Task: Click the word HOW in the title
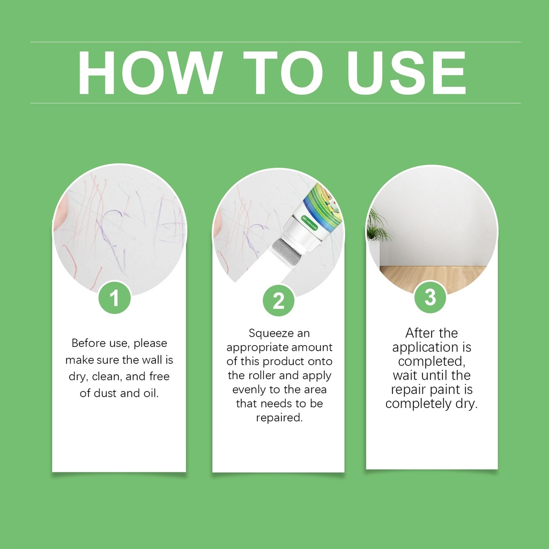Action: [x=150, y=73]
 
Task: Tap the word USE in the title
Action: [x=406, y=73]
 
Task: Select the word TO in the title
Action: [x=283, y=73]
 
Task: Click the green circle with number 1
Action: [x=115, y=298]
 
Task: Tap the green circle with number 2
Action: [x=278, y=300]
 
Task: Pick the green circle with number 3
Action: [x=431, y=297]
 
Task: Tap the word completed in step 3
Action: [x=431, y=361]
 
